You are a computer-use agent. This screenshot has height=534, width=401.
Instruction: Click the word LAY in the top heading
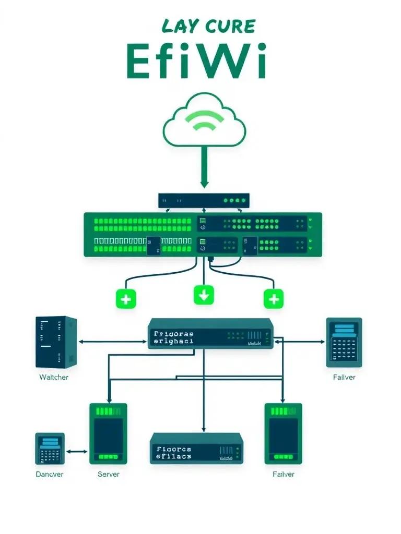pos(181,26)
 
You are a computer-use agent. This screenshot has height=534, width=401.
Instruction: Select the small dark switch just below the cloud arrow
pos(204,200)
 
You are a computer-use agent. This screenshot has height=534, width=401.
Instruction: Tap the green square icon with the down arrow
pos(204,295)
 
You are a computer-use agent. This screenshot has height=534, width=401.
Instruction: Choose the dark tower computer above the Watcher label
pos(56,342)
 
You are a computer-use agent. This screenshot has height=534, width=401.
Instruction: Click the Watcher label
pos(54,377)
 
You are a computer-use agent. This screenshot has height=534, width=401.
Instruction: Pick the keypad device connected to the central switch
pos(344,342)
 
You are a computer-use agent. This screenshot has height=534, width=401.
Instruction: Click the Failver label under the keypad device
pos(344,377)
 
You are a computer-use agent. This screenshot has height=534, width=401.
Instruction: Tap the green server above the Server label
pos(108,433)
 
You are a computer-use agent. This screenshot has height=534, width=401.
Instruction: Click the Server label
pos(108,474)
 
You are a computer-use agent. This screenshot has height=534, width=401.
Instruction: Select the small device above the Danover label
pos(50,448)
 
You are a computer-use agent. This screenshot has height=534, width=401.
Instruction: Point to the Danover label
pos(50,474)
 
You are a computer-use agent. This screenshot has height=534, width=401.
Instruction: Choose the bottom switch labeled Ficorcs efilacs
pos(197,449)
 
